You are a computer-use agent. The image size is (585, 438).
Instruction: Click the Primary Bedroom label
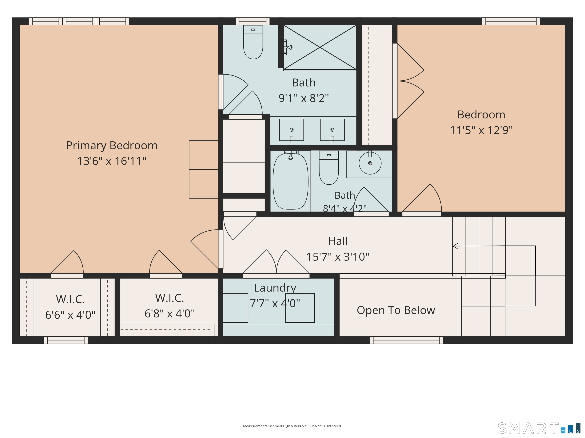pyautogui.click(x=112, y=145)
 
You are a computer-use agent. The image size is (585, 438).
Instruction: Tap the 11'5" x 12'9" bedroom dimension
pyautogui.click(x=481, y=130)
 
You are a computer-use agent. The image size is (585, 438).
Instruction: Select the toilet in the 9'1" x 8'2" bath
pyautogui.click(x=253, y=42)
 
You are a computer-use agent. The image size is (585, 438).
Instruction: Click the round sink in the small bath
pyautogui.click(x=370, y=163)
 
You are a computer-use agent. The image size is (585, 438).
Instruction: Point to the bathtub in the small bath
pyautogui.click(x=290, y=181)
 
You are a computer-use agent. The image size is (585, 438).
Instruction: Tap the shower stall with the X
pyautogui.click(x=320, y=48)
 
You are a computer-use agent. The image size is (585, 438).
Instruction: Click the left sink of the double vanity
pyautogui.click(x=291, y=130)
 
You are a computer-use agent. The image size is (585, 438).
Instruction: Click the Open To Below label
pyautogui.click(x=396, y=310)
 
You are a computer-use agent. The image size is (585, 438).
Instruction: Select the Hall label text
pyautogui.click(x=338, y=241)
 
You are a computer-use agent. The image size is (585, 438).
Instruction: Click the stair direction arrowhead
pyautogui.click(x=455, y=246)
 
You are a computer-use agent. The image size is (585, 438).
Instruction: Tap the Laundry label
pyautogui.click(x=275, y=288)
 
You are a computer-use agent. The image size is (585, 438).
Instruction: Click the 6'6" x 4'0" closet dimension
pyautogui.click(x=70, y=315)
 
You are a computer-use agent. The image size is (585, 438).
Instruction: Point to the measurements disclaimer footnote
pyautogui.click(x=292, y=426)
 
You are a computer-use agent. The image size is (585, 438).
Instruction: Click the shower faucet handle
pyautogui.click(x=288, y=48)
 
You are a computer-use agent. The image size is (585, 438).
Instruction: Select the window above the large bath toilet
pyautogui.click(x=253, y=21)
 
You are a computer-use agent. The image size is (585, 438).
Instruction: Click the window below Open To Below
pyautogui.click(x=406, y=340)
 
